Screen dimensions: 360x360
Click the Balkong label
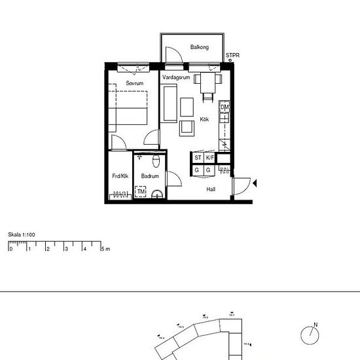199,47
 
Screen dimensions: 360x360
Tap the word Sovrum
135,84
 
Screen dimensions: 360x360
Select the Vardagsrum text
175,77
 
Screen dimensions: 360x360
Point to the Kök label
205,120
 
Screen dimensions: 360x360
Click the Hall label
211,189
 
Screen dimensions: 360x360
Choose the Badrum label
151,176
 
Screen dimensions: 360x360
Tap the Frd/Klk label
120,176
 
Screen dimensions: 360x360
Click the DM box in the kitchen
224,107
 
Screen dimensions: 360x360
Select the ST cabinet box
198,158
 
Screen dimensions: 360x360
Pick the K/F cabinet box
209,158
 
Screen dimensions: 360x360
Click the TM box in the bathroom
141,192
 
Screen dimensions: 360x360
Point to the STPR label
232,56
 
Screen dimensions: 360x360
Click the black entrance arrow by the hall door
255,186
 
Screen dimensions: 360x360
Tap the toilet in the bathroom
155,161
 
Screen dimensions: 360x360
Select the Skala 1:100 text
21,234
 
